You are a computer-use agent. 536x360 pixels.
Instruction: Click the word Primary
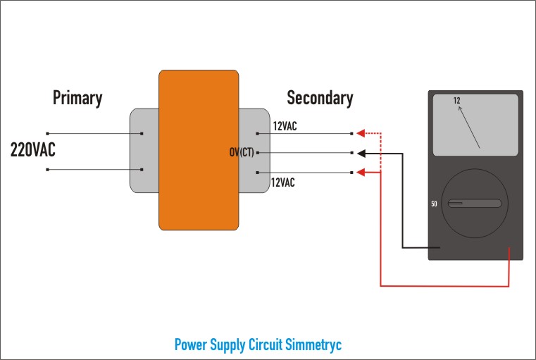[77, 98]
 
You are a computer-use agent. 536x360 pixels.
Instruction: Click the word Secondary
[320, 98]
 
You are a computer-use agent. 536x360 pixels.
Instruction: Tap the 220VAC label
[33, 149]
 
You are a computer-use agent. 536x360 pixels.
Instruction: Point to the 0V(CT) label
[242, 152]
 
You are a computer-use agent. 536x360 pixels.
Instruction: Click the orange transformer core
[199, 149]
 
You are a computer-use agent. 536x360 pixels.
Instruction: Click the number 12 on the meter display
[456, 101]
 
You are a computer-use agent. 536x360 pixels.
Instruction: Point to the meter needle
[470, 127]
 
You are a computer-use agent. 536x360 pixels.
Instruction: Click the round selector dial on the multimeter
[475, 204]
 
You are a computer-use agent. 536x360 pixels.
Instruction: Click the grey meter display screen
[475, 125]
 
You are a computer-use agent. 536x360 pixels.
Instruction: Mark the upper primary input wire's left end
[47, 133]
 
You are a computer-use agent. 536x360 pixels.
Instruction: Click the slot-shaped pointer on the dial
[475, 204]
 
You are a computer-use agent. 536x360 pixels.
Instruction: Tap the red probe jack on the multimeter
[509, 249]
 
